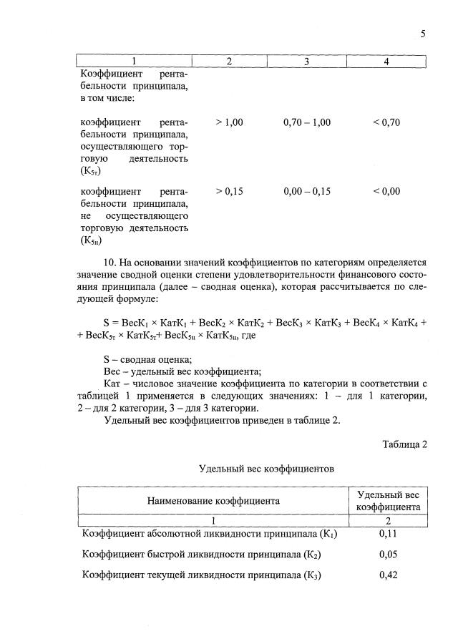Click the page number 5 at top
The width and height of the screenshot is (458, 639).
tap(423, 34)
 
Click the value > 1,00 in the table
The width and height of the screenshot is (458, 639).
tap(229, 122)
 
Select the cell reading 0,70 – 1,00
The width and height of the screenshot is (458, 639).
tap(306, 122)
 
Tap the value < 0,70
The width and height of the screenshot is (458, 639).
tap(386, 122)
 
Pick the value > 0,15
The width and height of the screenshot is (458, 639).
tap(229, 191)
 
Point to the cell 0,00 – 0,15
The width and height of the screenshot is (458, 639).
tap(306, 191)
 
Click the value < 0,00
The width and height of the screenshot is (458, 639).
tap(386, 191)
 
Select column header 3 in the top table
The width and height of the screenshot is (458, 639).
tap(306, 62)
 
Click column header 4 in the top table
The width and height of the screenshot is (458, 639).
tap(386, 62)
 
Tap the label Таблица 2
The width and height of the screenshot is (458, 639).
tap(404, 444)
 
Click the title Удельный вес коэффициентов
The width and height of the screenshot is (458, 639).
tap(266, 469)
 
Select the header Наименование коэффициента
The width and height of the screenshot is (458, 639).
tap(213, 500)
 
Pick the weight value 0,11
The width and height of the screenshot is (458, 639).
tap(388, 534)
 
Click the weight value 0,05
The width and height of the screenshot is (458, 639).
tap(388, 554)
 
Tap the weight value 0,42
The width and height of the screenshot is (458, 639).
tap(388, 575)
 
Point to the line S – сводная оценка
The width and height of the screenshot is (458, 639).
tap(147, 358)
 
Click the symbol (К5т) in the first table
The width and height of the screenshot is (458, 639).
tap(91, 172)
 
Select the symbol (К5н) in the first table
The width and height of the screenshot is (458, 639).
tap(91, 241)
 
